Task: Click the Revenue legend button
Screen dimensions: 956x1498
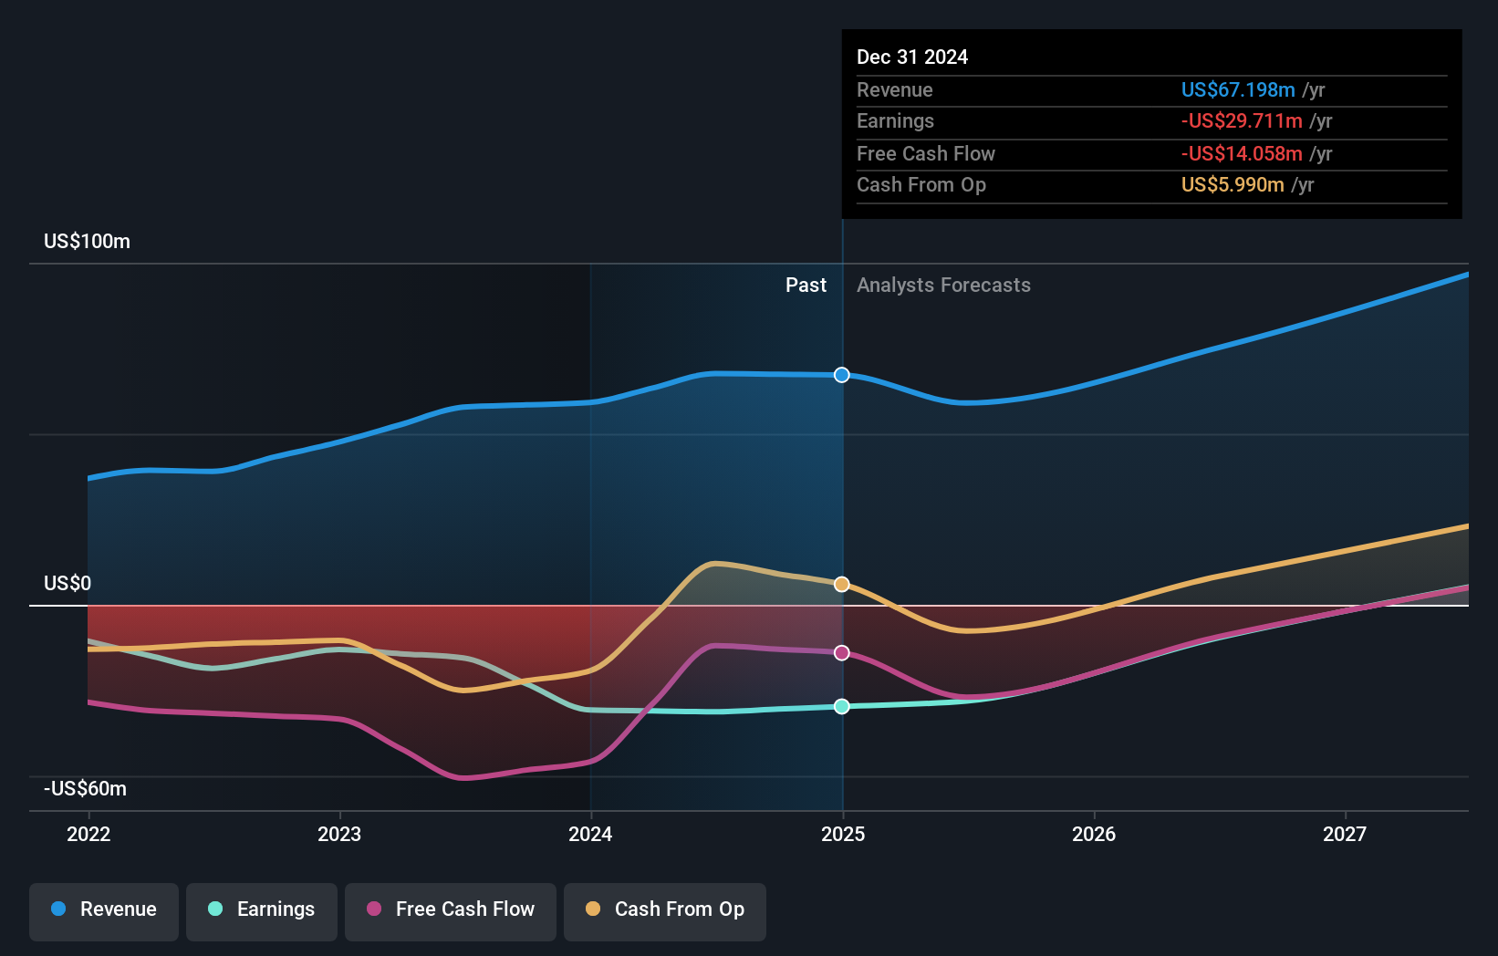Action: pyautogui.click(x=104, y=909)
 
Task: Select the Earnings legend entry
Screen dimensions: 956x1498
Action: pyautogui.click(x=262, y=909)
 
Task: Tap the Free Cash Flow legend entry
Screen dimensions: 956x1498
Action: pyautogui.click(x=451, y=909)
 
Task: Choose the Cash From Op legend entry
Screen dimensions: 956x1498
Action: pyautogui.click(x=665, y=909)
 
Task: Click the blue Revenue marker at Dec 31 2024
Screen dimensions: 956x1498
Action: pyautogui.click(x=842, y=375)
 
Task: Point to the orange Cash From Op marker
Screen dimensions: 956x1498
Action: pyautogui.click(x=842, y=584)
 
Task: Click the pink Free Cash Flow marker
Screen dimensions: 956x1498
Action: pyautogui.click(x=842, y=653)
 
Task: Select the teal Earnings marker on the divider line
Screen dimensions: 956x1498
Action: pyautogui.click(x=842, y=706)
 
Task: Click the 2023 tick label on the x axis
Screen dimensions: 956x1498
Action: pyautogui.click(x=339, y=834)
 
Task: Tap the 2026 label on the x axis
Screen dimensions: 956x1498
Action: pyautogui.click(x=1094, y=834)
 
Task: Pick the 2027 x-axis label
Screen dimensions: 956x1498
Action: pyautogui.click(x=1345, y=834)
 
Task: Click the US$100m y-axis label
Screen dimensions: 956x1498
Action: pyautogui.click(x=87, y=242)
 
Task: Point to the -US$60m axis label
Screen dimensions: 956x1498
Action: pyautogui.click(x=85, y=789)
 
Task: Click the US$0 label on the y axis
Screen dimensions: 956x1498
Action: pyautogui.click(x=68, y=584)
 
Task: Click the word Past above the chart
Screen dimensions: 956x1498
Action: pyautogui.click(x=806, y=286)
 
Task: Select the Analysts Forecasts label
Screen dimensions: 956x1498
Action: pyautogui.click(x=943, y=286)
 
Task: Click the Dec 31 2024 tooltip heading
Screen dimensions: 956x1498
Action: pyautogui.click(x=912, y=57)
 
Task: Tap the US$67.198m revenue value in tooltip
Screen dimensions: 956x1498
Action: pyautogui.click(x=1238, y=89)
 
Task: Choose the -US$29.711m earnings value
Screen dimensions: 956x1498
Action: pyautogui.click(x=1242, y=121)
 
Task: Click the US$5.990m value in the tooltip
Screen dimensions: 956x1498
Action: pyautogui.click(x=1233, y=185)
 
